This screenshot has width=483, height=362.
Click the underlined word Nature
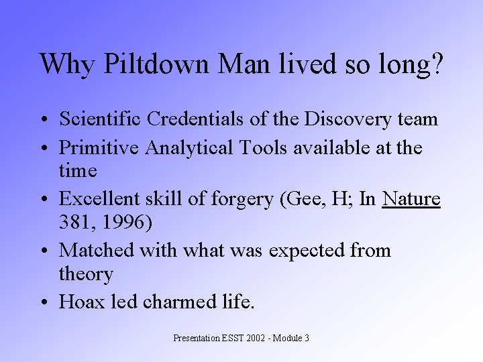click(411, 199)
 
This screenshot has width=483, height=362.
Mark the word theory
click(86, 274)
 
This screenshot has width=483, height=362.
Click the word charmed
click(176, 302)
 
